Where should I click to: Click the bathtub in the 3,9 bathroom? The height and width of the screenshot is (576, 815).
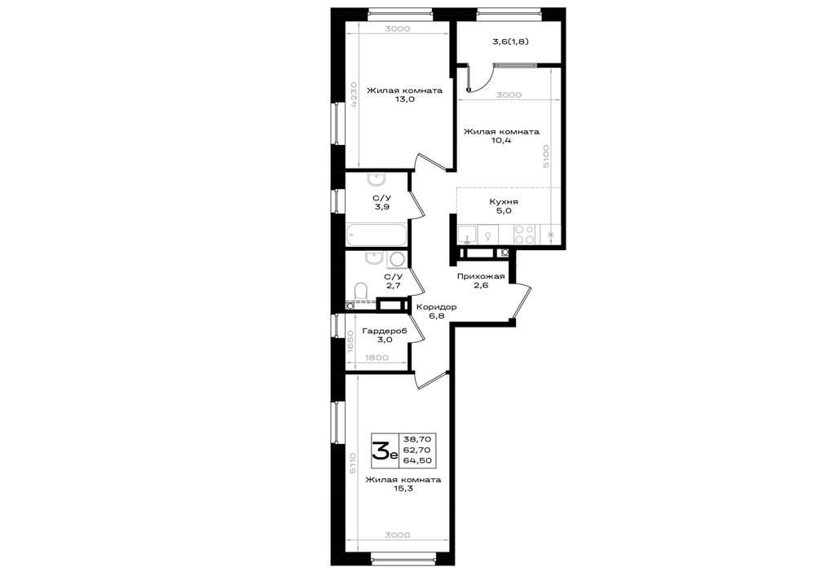(x=377, y=235)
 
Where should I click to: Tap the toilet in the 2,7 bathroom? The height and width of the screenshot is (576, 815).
(x=361, y=292)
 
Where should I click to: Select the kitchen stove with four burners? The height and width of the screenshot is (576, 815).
(x=524, y=235)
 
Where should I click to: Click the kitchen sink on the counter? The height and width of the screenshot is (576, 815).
(x=468, y=235)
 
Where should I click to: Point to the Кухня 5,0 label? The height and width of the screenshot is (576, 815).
(x=504, y=206)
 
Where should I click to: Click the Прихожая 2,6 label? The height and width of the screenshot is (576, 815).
(x=481, y=280)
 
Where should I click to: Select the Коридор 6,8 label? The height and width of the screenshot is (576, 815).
(x=437, y=311)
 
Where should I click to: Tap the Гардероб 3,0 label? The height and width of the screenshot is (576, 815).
(x=385, y=335)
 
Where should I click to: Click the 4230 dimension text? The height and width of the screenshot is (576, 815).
(x=354, y=94)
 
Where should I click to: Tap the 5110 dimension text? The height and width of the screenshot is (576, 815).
(x=354, y=462)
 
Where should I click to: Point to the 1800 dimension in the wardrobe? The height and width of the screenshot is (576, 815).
(x=377, y=358)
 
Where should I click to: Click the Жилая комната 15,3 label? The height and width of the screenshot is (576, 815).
(x=403, y=484)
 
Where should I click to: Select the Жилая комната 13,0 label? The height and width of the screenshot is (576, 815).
(x=404, y=95)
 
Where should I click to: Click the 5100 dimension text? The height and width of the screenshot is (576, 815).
(x=546, y=156)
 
